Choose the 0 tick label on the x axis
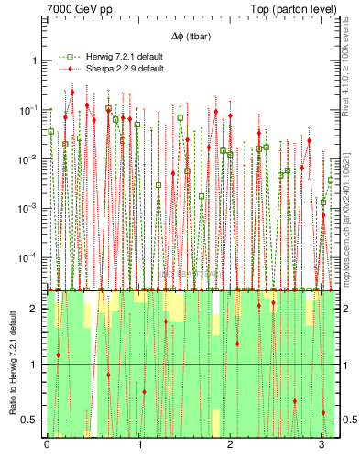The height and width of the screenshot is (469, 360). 47,445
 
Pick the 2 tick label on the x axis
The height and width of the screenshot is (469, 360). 230,445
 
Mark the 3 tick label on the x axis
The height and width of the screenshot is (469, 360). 322,445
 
